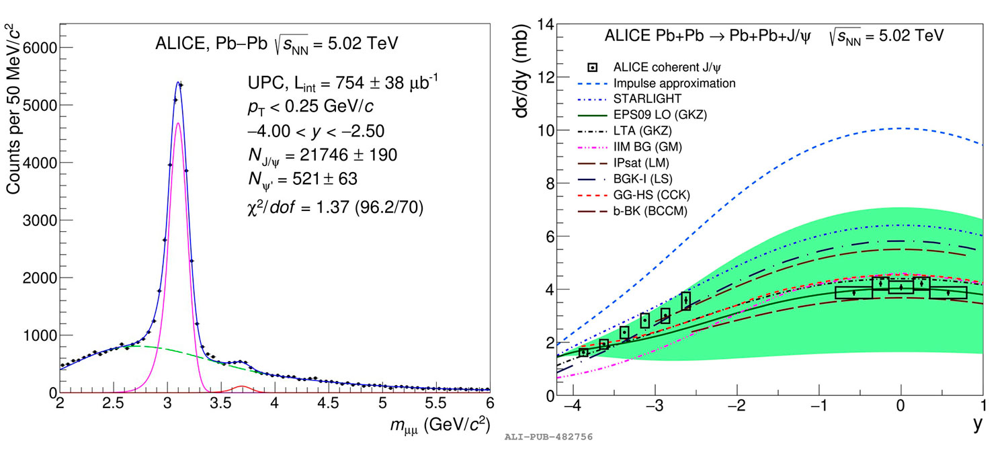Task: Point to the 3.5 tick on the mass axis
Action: (x=221, y=403)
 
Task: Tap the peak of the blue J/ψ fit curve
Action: (x=178, y=82)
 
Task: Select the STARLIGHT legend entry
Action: (x=642, y=99)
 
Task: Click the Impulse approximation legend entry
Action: (x=674, y=83)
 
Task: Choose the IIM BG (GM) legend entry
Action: (x=647, y=146)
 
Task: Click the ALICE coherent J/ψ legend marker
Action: (x=592, y=67)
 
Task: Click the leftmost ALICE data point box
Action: (x=583, y=351)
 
